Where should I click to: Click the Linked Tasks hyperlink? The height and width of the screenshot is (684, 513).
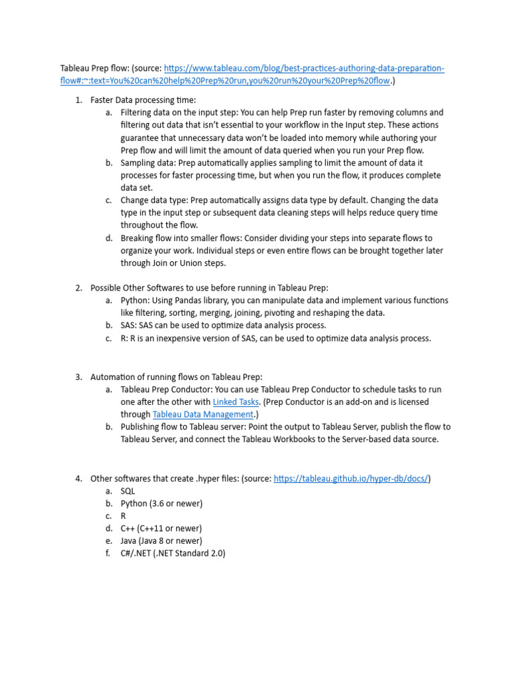point(235,402)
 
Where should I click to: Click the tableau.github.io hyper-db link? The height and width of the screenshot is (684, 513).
point(351,478)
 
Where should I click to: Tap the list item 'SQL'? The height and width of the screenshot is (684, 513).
point(128,491)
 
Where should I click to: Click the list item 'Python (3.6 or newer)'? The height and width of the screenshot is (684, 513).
point(161,504)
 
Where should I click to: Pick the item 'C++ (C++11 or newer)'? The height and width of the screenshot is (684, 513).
point(161,528)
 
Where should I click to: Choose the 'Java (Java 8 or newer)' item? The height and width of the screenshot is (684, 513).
point(161,541)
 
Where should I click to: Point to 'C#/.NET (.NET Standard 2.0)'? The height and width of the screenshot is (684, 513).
point(173,554)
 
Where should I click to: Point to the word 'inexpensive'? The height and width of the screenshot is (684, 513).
point(178,339)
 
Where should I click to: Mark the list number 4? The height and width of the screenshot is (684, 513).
point(78,478)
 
